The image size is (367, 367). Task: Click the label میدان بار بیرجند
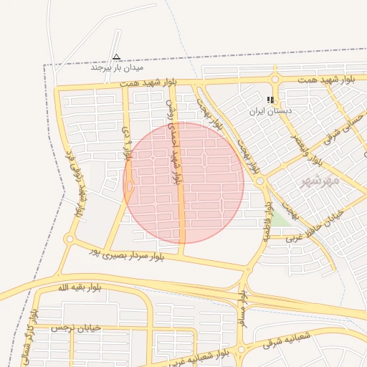(117, 68)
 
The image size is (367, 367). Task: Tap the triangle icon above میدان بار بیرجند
(116, 57)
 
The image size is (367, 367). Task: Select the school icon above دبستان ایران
(270, 100)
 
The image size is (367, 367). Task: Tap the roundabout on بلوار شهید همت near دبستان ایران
(275, 80)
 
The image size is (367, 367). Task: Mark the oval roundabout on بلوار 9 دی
(130, 186)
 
